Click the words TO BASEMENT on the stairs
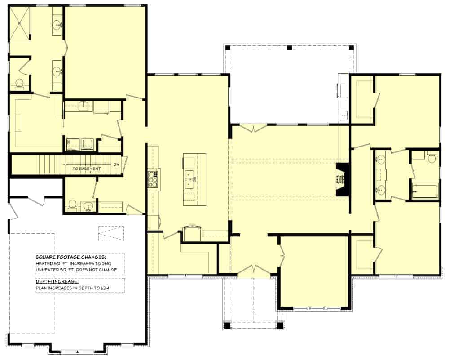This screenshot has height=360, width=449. click(x=87, y=169)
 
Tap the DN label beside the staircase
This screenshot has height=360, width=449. click(x=116, y=164)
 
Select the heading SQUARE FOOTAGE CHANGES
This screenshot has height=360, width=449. click(x=70, y=257)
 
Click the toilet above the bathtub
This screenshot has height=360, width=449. click(x=432, y=158)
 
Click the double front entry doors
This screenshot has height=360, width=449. click(x=255, y=270)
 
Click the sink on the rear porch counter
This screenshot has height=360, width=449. click(x=344, y=115)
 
